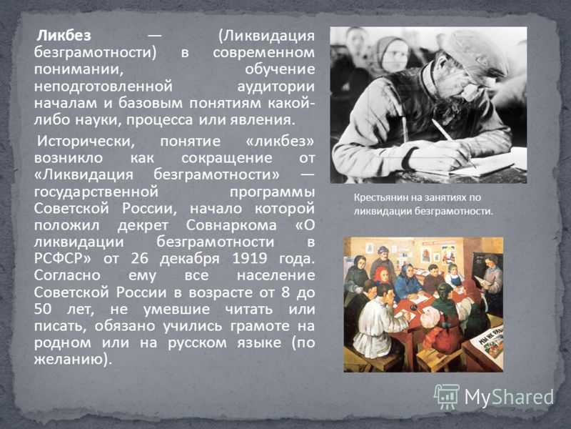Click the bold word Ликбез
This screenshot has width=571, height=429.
[x=64, y=36]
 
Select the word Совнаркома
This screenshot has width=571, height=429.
[x=231, y=225]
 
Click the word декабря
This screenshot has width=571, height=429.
[x=189, y=259]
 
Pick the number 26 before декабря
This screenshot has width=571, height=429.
[x=140, y=258]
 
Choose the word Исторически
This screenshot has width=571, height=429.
[x=86, y=141]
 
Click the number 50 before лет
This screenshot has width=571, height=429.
[x=43, y=309]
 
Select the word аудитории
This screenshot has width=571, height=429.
[x=276, y=87]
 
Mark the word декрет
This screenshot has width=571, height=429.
[x=143, y=225]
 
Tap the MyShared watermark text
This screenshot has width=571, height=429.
[x=509, y=397]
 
